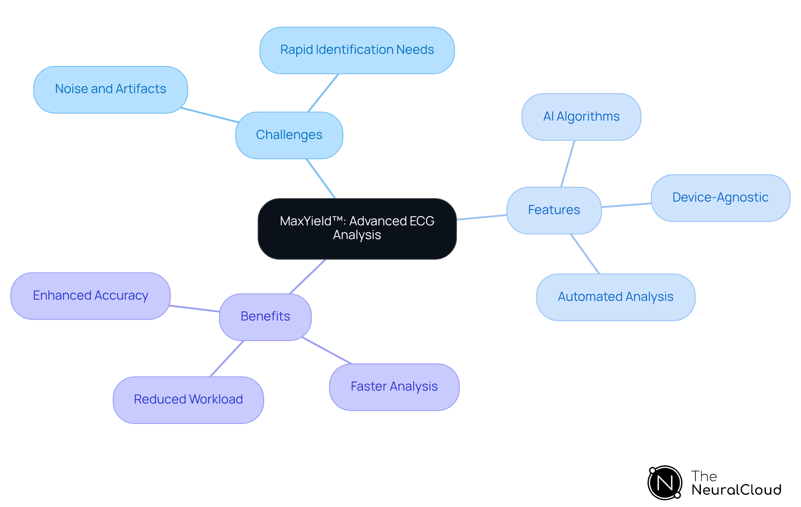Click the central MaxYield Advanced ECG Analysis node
coord(357,228)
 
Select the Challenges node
coord(289,135)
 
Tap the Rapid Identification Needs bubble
coord(357,50)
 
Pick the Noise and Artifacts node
coord(111,89)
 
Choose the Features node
coord(554,210)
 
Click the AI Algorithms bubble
coord(581,117)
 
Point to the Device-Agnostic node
coord(720,198)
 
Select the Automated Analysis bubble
coord(615,297)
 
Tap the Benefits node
coord(265,317)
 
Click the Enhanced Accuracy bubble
coord(91,296)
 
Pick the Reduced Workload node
coord(188,400)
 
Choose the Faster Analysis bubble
coord(394,387)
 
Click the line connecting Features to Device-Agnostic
coord(626,205)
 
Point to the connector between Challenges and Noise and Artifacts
coord(209,115)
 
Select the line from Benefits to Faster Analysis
coord(327,351)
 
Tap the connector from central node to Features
coord(482,217)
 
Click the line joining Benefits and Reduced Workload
coord(227,358)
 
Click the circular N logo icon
coord(665,483)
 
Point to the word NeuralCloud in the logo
coord(736,490)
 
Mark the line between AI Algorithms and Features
coord(568,164)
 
